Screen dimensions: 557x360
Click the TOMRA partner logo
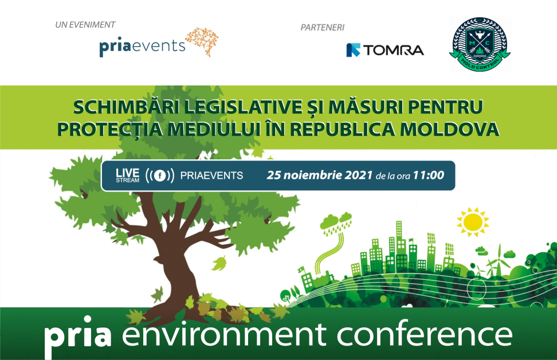point(385,50)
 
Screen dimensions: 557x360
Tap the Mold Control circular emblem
point(480,44)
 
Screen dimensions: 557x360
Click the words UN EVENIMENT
point(85,25)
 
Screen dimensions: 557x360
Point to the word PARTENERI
point(323,28)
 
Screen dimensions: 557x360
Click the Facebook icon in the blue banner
point(160,175)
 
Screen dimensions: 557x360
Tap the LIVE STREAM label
point(128,175)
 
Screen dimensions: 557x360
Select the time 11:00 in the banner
point(429,175)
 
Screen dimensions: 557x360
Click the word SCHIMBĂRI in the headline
point(127,107)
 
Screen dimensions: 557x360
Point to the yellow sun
point(472,222)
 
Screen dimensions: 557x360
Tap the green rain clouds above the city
point(336,222)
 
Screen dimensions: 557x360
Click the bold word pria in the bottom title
point(77,336)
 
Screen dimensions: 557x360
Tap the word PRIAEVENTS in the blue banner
point(211,175)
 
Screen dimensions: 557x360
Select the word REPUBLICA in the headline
point(342,130)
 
